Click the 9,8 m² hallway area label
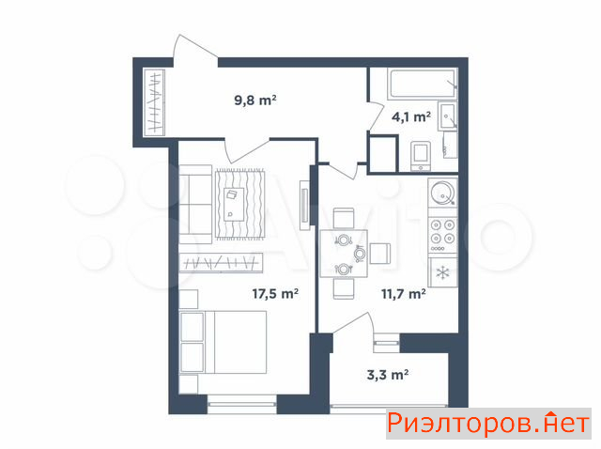point(255,101)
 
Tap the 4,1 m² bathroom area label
point(411,116)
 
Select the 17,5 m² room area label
point(275,294)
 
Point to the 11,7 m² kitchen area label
point(403,294)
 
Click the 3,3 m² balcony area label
point(388,374)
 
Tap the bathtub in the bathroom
point(423,84)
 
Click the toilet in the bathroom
point(421,156)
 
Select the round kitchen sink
point(442,193)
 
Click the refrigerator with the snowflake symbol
point(443,272)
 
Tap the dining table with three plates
point(344,254)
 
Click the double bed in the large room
point(223,342)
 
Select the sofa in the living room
point(195,204)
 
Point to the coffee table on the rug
point(234,205)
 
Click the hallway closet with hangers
point(154,102)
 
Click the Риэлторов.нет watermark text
point(487,424)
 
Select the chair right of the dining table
point(379,254)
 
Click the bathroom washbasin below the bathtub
point(447,116)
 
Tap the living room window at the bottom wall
point(241,404)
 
